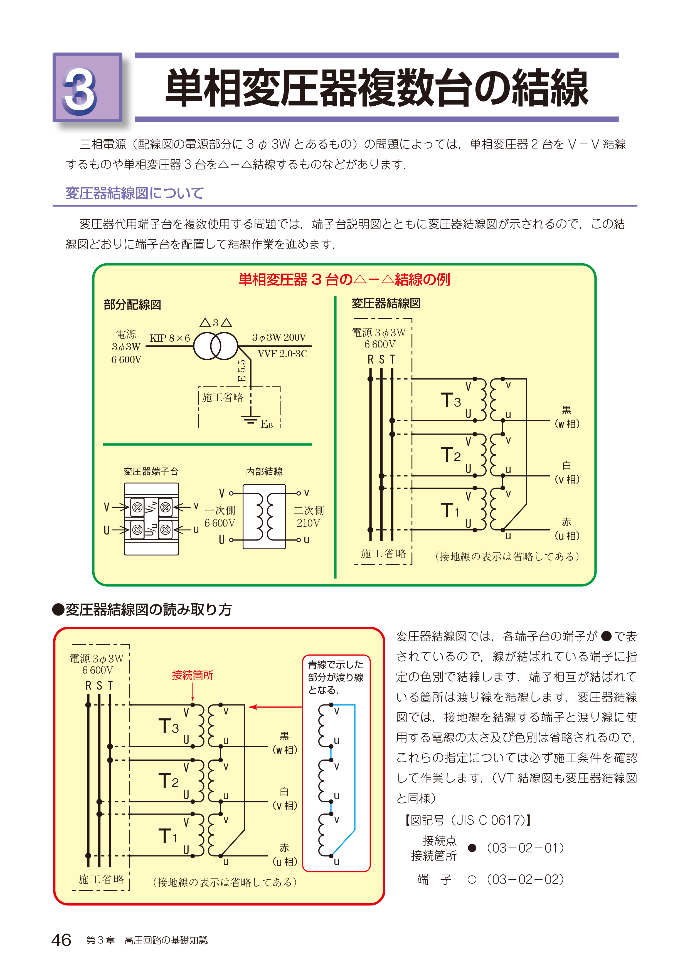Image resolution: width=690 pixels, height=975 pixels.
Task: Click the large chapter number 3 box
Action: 87,88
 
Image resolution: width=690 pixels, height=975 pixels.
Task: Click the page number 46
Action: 61,940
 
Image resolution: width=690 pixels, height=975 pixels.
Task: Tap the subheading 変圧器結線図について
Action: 134,193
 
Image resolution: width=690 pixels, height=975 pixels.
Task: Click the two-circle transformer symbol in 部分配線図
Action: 215,346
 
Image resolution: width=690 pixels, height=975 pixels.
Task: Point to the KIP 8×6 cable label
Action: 169,338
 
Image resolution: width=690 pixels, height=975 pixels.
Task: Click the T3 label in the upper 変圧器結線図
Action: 450,400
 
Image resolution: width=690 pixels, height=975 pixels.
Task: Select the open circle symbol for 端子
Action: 472,879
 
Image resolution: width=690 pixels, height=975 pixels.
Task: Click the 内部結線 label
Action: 264,471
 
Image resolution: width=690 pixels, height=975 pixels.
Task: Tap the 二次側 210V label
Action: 309,516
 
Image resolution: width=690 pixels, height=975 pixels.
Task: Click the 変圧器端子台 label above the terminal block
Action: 151,471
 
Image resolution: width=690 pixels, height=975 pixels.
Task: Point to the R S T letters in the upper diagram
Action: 381,360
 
